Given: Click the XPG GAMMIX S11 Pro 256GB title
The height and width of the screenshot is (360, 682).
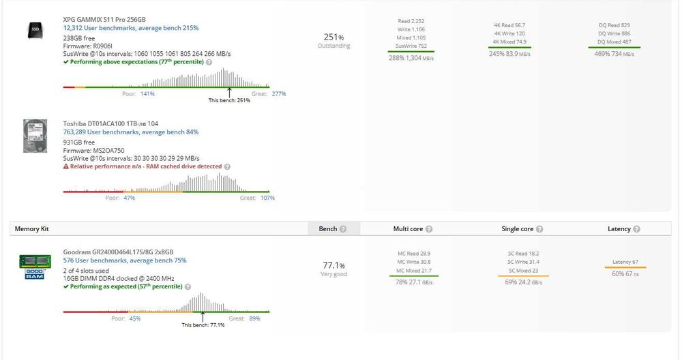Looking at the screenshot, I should [x=104, y=20].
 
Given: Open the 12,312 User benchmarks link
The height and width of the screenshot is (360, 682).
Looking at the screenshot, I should [x=130, y=29].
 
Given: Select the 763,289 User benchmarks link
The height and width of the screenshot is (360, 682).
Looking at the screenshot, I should [x=130, y=132].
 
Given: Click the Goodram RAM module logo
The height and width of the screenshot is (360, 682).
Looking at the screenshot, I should [x=34, y=267].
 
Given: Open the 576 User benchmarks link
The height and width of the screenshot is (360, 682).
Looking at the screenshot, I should [x=124, y=260].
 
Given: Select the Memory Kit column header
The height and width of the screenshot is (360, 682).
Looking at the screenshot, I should [x=32, y=229].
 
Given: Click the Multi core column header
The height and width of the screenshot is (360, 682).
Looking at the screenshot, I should [x=409, y=229].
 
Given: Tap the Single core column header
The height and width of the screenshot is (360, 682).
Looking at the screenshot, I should [x=518, y=229].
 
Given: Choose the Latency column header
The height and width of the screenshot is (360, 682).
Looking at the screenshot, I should [x=620, y=229].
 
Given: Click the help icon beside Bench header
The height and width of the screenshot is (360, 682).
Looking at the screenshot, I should [x=343, y=229].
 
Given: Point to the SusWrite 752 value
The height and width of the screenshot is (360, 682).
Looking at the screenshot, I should [x=411, y=46].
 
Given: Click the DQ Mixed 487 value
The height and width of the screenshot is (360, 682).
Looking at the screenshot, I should [x=614, y=42].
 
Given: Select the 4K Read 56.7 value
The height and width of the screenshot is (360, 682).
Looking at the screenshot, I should [x=509, y=25].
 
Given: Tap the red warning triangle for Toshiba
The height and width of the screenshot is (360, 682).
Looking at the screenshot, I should [x=66, y=166].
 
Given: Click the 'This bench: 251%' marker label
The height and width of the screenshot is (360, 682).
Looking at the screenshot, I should [x=229, y=100].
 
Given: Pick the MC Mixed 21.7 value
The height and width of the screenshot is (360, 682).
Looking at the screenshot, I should [x=413, y=271].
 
